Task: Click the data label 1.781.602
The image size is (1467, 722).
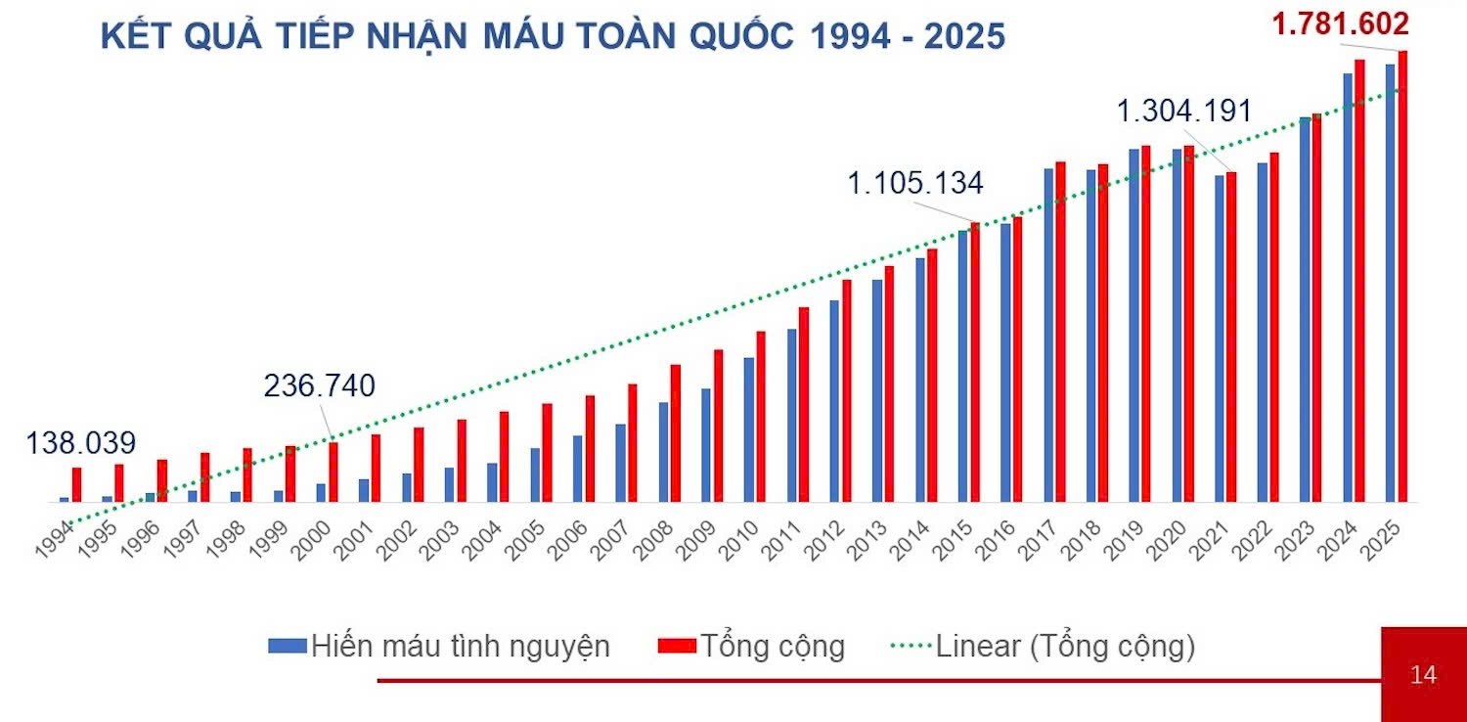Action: [1340, 23]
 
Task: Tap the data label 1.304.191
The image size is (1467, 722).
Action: [1184, 112]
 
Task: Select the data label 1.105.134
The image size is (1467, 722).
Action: [914, 183]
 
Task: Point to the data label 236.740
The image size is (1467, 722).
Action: [319, 386]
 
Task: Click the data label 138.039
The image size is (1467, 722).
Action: [80, 442]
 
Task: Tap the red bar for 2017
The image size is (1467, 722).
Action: [1060, 333]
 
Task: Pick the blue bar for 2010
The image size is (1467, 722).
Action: [749, 429]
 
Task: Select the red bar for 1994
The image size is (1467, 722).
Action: [76, 485]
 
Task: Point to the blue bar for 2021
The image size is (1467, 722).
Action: [1220, 338]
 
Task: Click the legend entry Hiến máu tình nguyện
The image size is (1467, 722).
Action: [440, 647]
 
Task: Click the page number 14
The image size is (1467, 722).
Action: [1423, 675]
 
